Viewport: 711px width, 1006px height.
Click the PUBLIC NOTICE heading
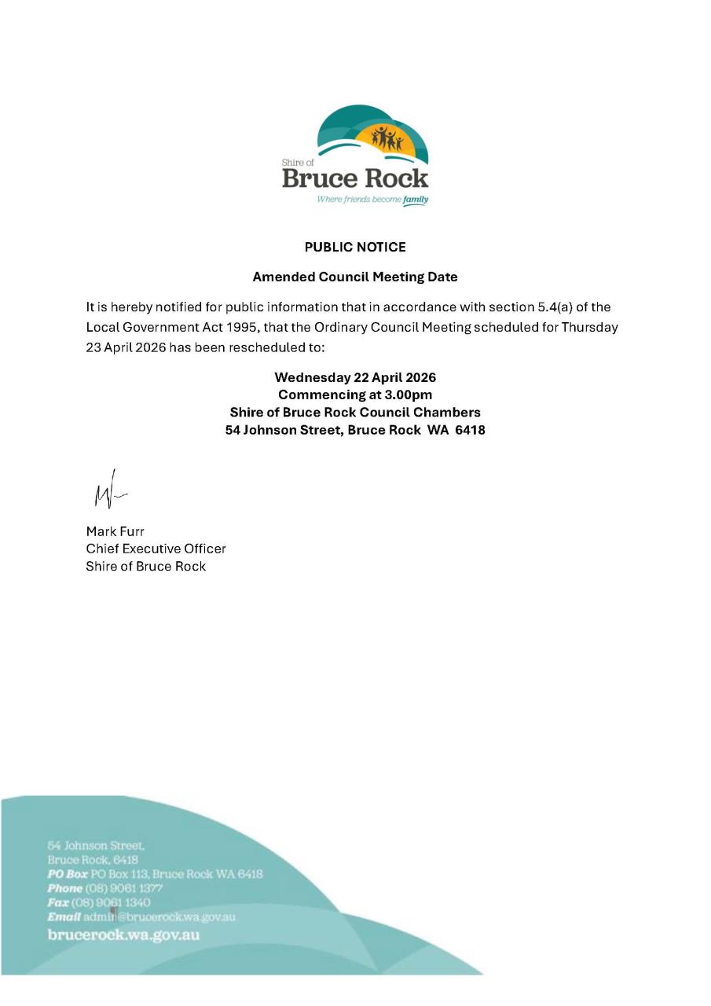355,248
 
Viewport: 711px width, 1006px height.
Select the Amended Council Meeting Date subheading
355,277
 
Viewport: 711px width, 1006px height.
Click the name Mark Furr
115,531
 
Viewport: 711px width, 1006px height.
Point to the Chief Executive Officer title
156,549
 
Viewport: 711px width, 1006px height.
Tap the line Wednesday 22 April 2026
355,377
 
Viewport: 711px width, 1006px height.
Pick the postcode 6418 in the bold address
470,430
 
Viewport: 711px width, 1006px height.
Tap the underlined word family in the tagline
416,200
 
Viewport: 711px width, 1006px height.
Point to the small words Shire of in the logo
297,163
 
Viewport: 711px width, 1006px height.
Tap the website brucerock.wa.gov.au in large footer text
123,934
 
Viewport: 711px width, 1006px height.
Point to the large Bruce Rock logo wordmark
355,178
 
